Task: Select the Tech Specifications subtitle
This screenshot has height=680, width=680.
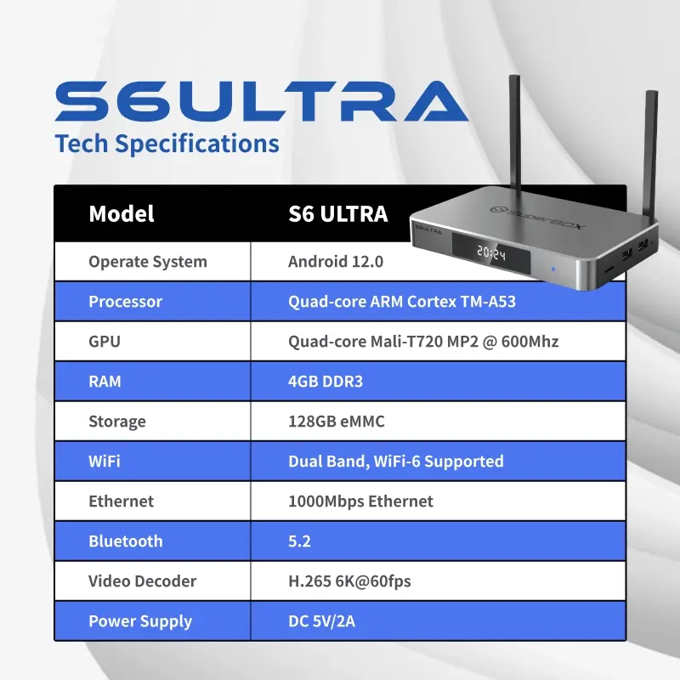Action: (167, 144)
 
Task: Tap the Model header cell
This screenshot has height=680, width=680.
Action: (122, 213)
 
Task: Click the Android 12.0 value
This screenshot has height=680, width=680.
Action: (336, 262)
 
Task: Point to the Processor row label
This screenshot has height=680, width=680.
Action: (125, 302)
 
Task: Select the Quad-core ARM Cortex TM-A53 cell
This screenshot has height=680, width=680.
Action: (402, 302)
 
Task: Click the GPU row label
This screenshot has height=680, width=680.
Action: (105, 342)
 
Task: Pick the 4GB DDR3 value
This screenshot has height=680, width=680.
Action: (326, 382)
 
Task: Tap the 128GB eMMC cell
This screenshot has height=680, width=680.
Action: (337, 422)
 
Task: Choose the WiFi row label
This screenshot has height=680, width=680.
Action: (105, 462)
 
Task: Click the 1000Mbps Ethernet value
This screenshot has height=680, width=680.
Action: (360, 501)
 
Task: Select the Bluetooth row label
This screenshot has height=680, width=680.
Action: (125, 541)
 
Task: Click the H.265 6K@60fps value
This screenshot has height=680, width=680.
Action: (350, 581)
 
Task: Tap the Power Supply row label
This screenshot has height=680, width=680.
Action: (140, 621)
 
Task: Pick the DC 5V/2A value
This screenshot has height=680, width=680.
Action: (321, 621)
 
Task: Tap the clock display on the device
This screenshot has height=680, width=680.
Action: (492, 252)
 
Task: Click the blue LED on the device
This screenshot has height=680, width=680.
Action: (553, 270)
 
